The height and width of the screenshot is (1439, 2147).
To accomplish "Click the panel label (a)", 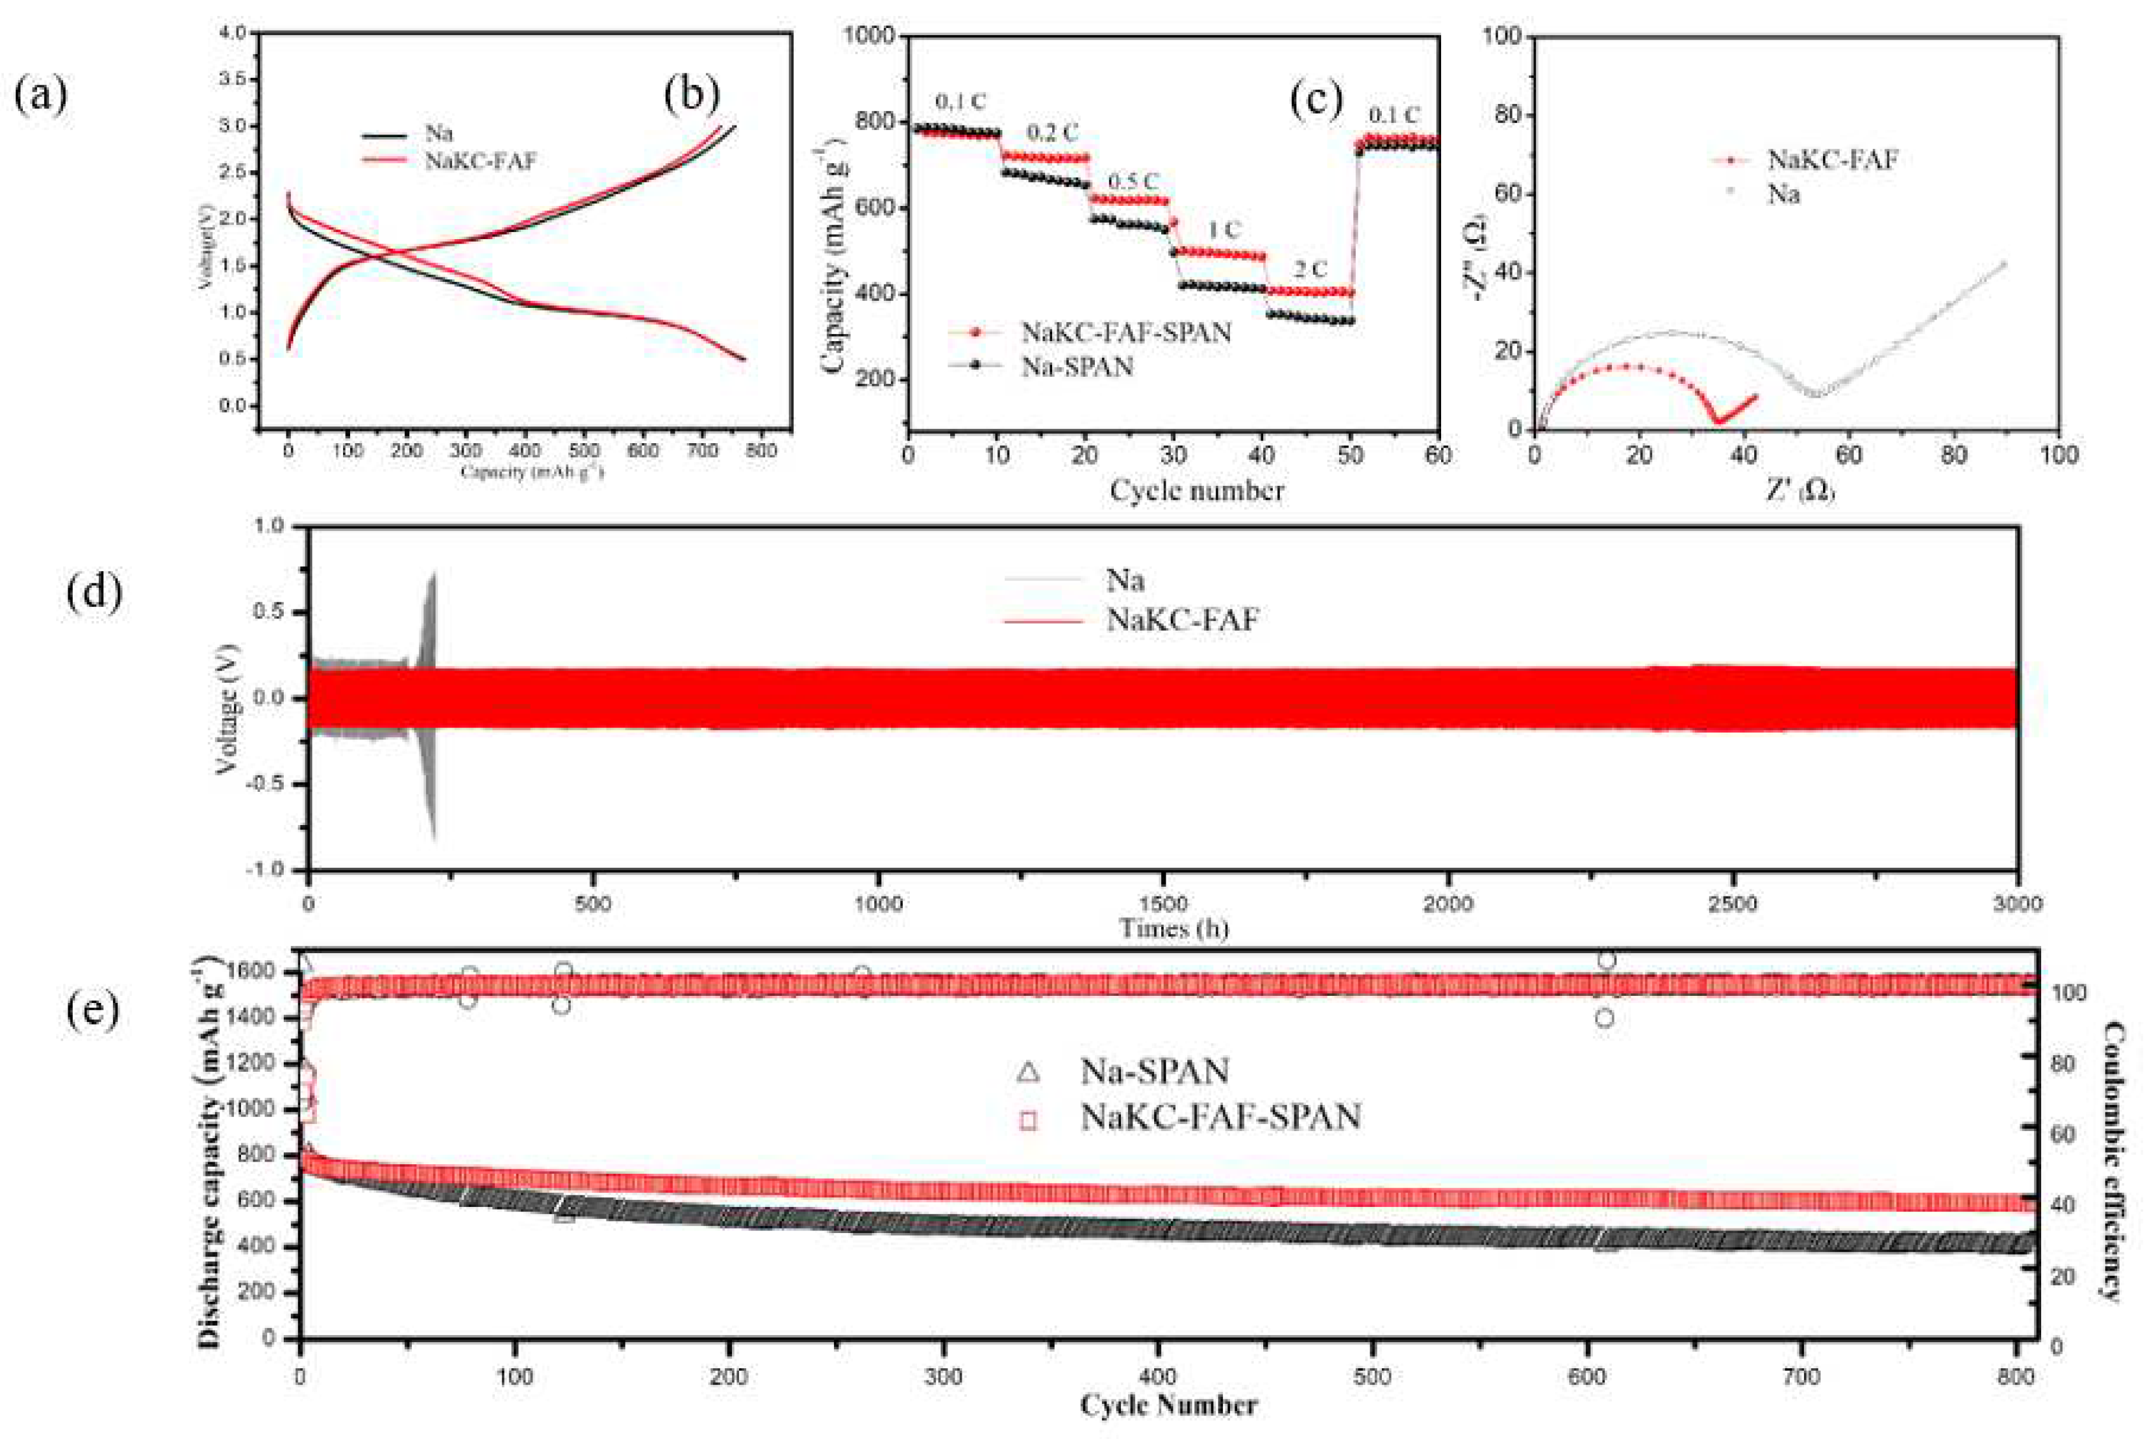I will tap(40, 96).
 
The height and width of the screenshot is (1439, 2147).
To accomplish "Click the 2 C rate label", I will tap(1309, 269).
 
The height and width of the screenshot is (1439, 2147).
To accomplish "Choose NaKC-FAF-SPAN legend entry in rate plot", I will tap(1125, 332).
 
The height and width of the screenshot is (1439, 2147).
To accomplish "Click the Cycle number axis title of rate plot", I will tap(1196, 490).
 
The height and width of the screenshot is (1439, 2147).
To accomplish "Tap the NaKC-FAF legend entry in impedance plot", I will tap(1832, 159).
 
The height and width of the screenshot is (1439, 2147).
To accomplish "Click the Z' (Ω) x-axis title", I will tap(1798, 491).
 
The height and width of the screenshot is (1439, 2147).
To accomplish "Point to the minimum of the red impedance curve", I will tap(1717, 421).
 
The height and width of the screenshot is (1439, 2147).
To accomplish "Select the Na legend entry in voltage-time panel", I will tap(1124, 580).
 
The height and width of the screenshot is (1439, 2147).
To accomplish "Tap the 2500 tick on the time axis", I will tap(1732, 904).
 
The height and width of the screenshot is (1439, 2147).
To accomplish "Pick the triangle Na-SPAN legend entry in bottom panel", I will tap(1154, 1071).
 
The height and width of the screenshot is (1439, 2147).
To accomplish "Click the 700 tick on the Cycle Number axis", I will tap(1801, 1377).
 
